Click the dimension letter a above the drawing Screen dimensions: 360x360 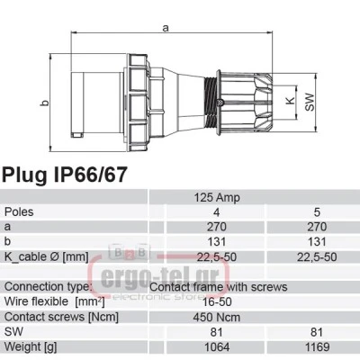coord(166,28)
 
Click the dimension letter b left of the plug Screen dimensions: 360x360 coord(45,103)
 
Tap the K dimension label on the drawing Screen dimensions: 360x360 coord(290,101)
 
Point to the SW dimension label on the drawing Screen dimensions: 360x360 coord(310,103)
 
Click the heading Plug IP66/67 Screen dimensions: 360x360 coord(65,175)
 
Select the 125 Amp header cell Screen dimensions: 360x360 coord(217,198)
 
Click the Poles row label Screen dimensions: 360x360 coord(19,212)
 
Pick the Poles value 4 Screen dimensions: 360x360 coord(217,212)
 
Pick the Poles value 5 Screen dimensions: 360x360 coord(317,212)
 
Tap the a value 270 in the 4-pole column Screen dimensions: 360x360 coord(217,227)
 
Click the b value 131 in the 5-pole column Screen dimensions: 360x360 coord(317,242)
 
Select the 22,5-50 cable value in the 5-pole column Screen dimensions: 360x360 coord(317,257)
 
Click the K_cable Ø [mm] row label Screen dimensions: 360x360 coord(47,256)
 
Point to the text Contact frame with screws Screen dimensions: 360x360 coord(219,287)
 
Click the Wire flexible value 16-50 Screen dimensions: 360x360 coord(217,301)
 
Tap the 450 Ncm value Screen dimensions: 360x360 coord(217,317)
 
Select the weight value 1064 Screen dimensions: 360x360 coord(217,347)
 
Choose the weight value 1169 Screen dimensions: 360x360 coord(317,347)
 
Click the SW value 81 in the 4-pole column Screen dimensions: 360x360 coord(217,332)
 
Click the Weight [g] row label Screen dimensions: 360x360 coord(31,347)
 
